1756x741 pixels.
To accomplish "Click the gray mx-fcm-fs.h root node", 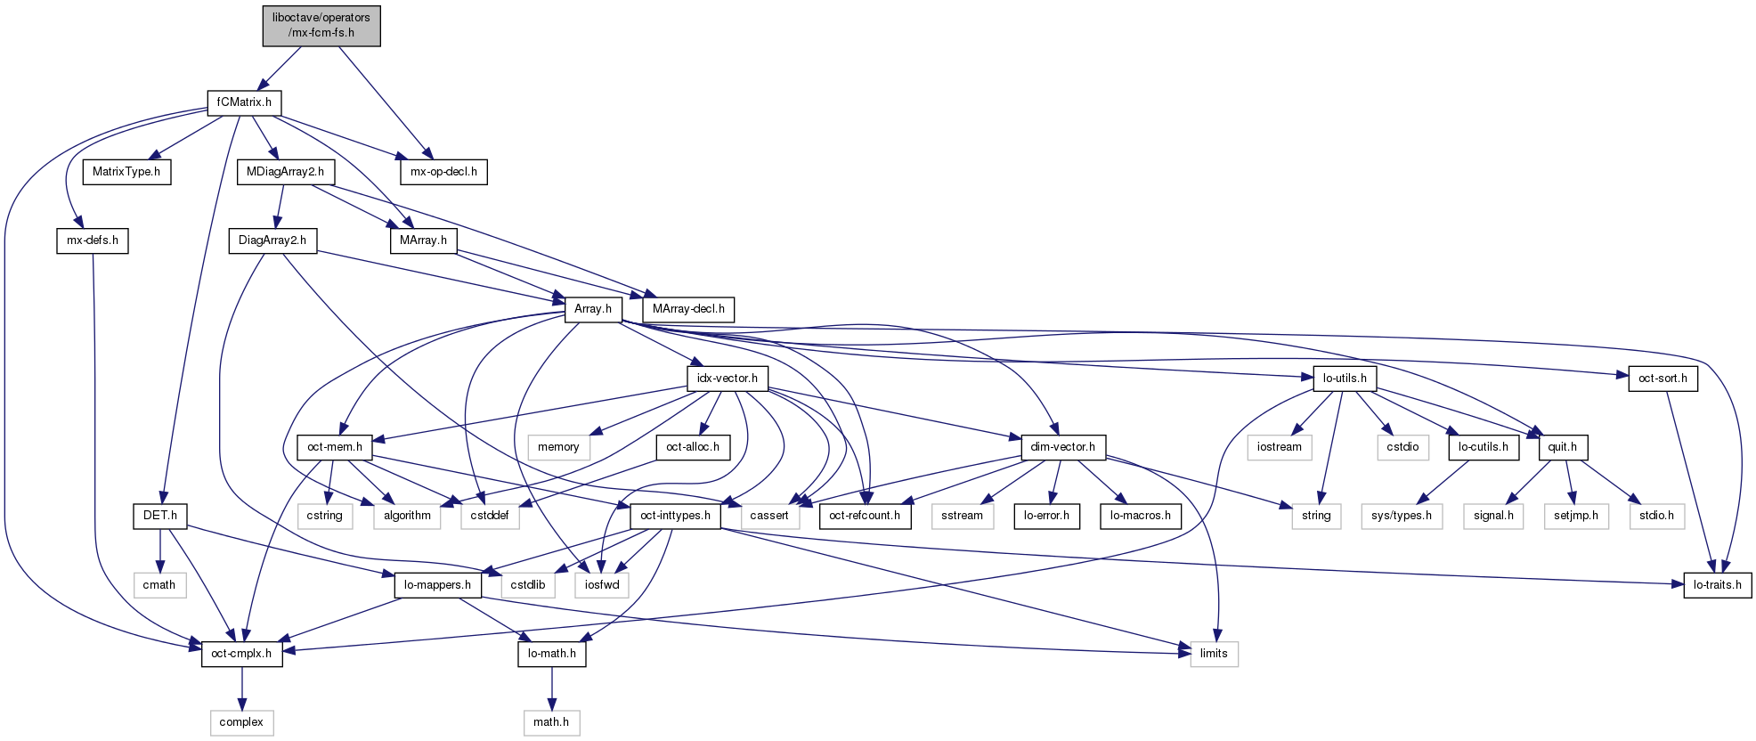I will point(321,25).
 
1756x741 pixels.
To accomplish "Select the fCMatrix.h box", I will point(244,102).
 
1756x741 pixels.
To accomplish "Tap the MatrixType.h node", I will point(126,172).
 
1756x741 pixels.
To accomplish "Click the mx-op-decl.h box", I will point(443,172).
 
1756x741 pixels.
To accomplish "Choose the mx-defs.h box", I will point(93,240).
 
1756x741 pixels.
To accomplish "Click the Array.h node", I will point(592,309).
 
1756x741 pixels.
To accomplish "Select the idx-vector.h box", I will point(728,379).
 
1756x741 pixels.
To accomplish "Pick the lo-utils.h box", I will point(1345,379).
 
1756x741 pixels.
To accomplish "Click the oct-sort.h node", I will point(1663,379).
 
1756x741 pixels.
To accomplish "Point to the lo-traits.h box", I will point(1718,585).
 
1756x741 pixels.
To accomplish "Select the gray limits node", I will point(1214,654).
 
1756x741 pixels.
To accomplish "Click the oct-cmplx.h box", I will point(241,654).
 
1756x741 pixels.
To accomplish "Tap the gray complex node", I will point(241,722).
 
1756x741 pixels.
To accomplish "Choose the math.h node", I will point(551,722).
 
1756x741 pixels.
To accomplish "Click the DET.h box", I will point(160,516).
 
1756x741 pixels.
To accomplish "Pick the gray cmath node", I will point(159,585).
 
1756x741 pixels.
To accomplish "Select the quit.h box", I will point(1562,447).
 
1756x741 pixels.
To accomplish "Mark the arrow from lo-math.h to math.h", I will point(552,688).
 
